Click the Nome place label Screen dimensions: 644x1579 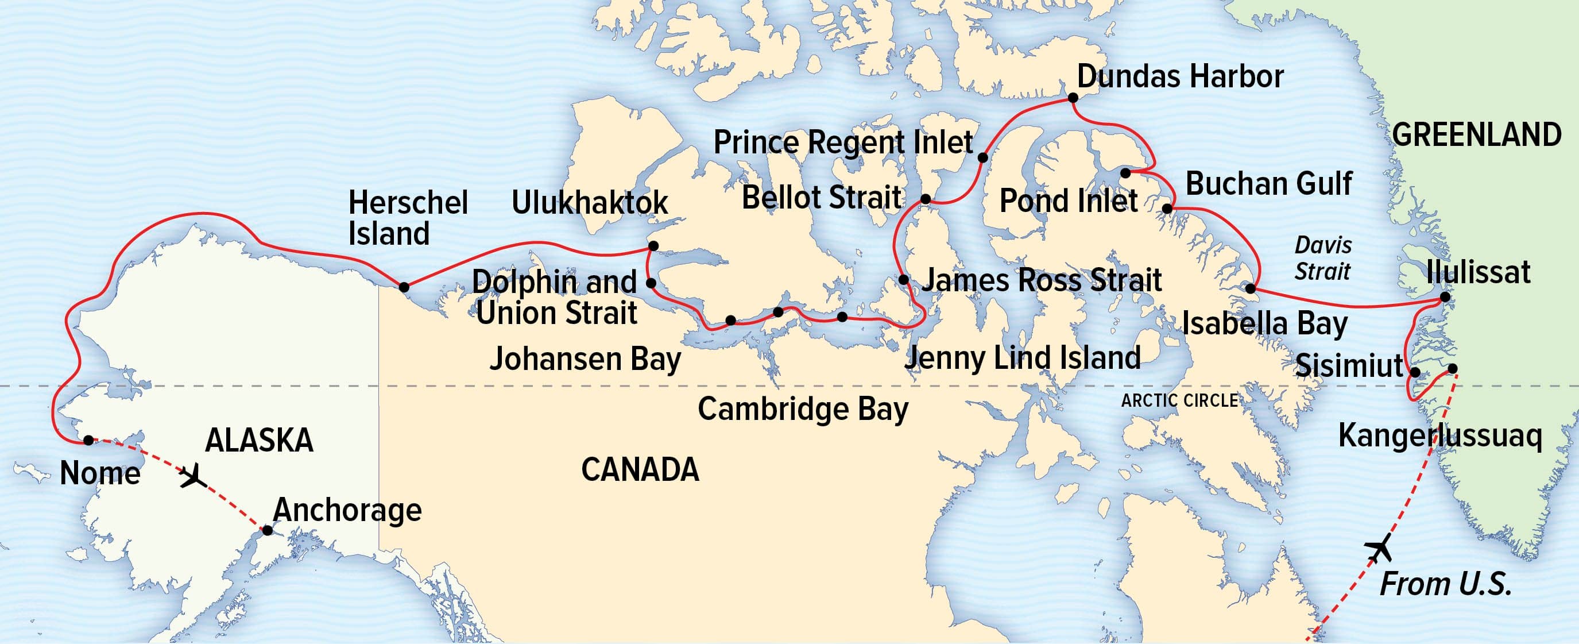point(100,473)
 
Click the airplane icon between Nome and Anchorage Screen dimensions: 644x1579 point(193,475)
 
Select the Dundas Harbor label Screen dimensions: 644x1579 point(1180,76)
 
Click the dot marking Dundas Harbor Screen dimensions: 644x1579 point(1073,98)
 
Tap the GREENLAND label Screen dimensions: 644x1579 point(1476,135)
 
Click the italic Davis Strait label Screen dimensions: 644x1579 point(1323,258)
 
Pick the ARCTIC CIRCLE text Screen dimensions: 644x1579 point(1179,401)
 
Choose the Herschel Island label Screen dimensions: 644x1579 point(408,218)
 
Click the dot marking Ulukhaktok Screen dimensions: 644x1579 point(653,246)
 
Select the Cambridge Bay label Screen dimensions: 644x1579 point(802,409)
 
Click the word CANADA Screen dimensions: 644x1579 point(640,470)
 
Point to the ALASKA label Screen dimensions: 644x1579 point(259,441)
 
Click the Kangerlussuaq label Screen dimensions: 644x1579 point(1439,436)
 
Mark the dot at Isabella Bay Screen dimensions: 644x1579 point(1251,288)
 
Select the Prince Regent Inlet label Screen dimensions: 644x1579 point(843,143)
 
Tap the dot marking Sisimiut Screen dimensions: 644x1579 point(1415,372)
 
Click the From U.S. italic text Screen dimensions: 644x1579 point(1445,584)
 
